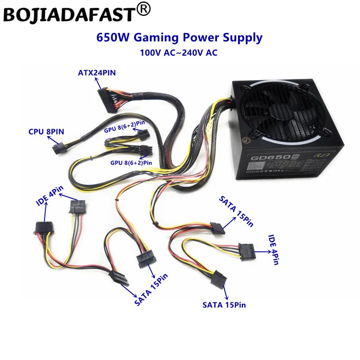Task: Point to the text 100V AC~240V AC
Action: click(x=179, y=53)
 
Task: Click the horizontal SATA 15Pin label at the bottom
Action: click(x=224, y=305)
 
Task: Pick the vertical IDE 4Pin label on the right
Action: click(x=273, y=249)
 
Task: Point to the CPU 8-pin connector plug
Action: click(x=58, y=147)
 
